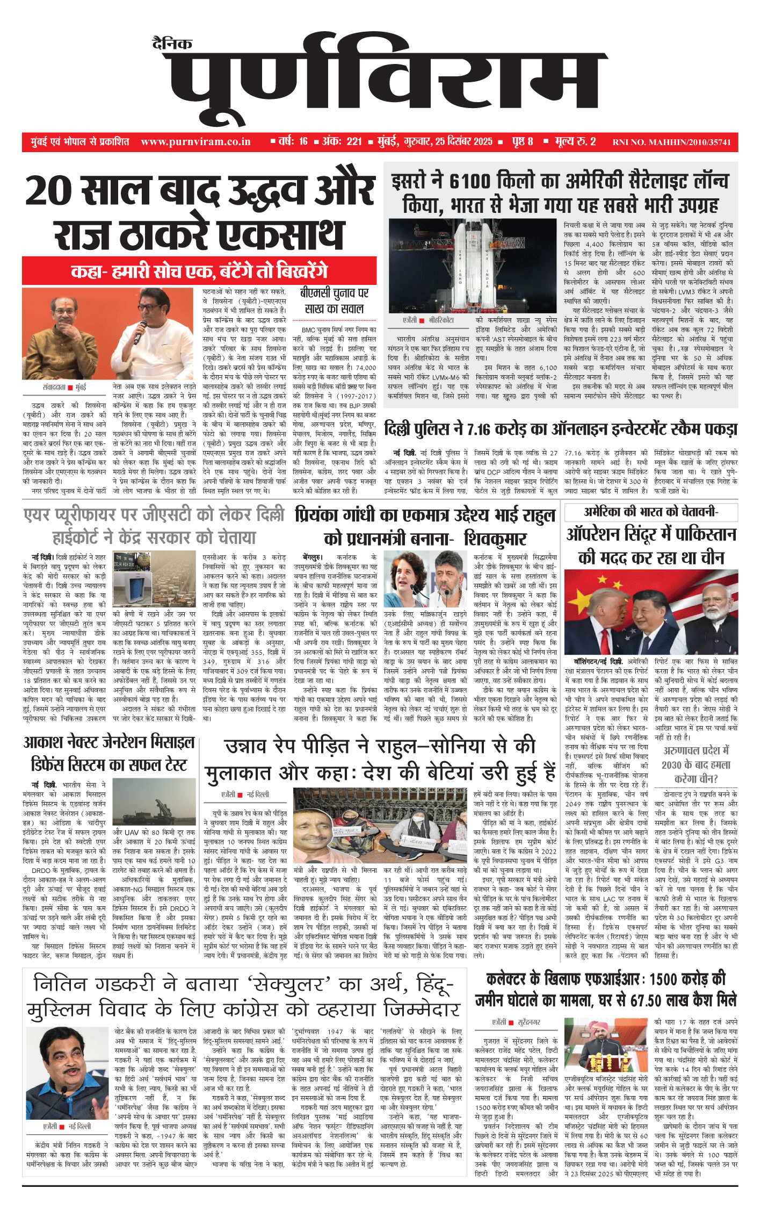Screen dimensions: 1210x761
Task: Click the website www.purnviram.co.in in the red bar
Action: pos(195,142)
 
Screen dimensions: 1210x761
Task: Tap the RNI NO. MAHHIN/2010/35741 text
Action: pos(671,142)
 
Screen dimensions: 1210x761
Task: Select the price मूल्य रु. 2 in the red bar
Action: pos(575,141)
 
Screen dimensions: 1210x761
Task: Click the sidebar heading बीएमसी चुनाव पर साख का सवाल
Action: pos(334,301)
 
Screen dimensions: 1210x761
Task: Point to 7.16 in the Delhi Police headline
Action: pos(478,429)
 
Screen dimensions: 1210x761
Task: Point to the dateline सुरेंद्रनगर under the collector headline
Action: pos(529,1022)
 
